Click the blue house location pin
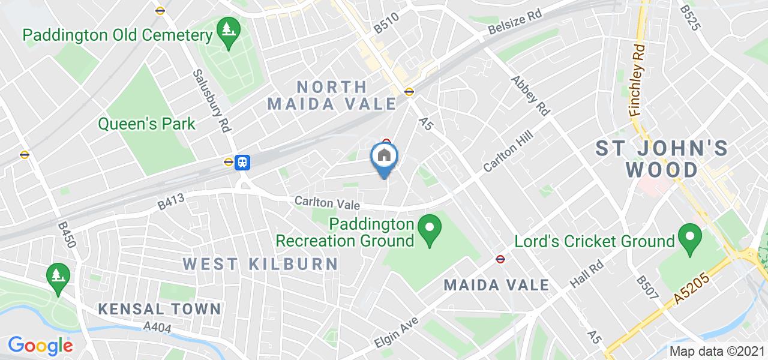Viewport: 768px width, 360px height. [384, 157]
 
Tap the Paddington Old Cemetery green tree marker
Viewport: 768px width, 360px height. [228, 29]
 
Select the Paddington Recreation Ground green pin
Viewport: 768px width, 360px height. [430, 230]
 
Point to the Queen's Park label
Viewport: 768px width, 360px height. [147, 124]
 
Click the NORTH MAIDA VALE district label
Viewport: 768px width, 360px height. [332, 95]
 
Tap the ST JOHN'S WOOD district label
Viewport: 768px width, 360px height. [662, 159]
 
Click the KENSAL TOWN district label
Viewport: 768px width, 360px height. [160, 309]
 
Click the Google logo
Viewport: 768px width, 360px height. [40, 346]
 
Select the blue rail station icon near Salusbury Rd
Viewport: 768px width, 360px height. [243, 162]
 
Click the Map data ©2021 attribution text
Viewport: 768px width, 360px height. [717, 351]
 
